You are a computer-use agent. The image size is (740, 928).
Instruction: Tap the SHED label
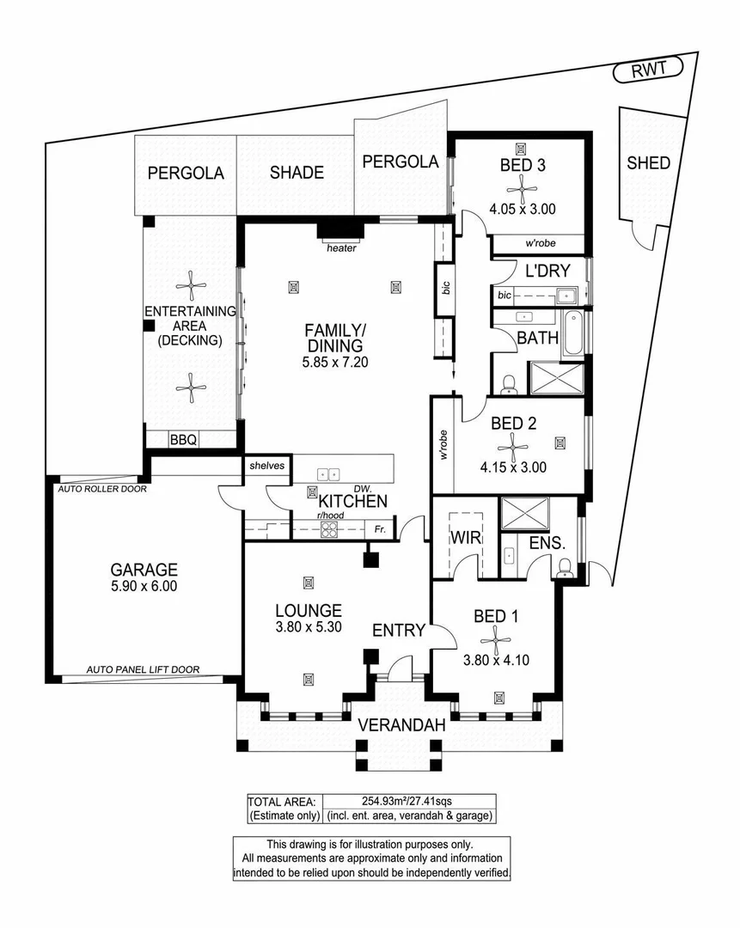pyautogui.click(x=648, y=162)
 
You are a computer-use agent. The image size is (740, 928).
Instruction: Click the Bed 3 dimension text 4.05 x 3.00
pyautogui.click(x=523, y=208)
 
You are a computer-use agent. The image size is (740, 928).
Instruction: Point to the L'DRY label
pyautogui.click(x=547, y=271)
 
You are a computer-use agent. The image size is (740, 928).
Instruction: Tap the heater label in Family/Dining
pyautogui.click(x=340, y=248)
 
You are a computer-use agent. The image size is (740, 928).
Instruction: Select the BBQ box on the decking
pyautogui.click(x=183, y=440)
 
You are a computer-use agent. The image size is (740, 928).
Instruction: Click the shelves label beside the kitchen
pyautogui.click(x=266, y=465)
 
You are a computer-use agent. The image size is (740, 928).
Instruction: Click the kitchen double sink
pyautogui.click(x=329, y=473)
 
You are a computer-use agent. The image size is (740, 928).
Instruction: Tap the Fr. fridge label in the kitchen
pyautogui.click(x=379, y=531)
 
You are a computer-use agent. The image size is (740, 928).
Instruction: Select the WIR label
pyautogui.click(x=464, y=539)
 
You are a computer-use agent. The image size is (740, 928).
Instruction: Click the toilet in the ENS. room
pyautogui.click(x=566, y=566)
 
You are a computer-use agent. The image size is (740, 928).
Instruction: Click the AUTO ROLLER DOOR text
pyautogui.click(x=101, y=489)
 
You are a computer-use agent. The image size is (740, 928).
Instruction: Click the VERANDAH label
pyautogui.click(x=401, y=725)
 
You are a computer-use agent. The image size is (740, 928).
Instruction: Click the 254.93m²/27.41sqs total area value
pyautogui.click(x=407, y=799)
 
